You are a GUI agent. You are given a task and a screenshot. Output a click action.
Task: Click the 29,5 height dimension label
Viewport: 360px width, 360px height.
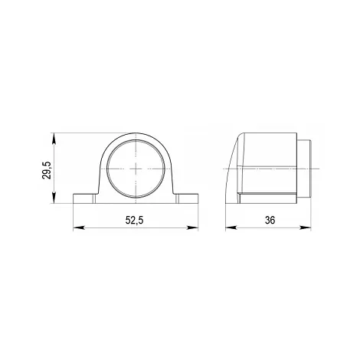[47, 170]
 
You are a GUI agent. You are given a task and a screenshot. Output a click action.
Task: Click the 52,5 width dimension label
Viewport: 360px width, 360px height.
[135, 220]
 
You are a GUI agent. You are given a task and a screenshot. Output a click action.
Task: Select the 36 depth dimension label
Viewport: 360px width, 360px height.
[270, 220]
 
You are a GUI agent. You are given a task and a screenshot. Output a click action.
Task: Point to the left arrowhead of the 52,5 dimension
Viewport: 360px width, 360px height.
[78, 227]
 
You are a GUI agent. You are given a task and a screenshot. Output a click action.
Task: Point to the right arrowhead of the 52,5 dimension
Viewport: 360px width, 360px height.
[193, 227]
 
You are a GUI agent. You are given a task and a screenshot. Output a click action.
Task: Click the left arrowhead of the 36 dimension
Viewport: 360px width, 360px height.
[231, 227]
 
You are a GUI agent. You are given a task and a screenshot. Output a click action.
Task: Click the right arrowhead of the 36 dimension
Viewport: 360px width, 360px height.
[306, 227]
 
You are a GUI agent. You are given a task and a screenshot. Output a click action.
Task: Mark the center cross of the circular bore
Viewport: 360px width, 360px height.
[136, 169]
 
